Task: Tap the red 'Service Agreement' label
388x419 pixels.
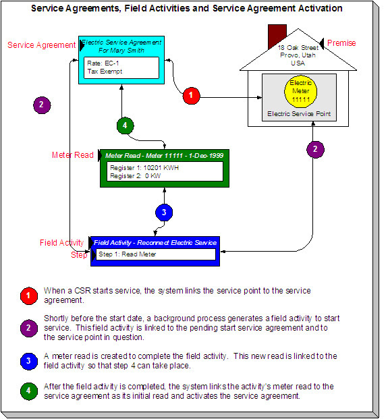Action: point(41,45)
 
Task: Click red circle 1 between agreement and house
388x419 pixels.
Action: point(192,96)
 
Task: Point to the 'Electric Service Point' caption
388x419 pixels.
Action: point(299,114)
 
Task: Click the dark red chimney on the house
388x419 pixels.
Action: point(277,35)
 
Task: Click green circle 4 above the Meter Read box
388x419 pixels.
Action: point(126,125)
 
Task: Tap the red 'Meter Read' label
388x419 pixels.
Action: point(72,155)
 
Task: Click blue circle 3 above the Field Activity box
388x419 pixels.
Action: point(163,211)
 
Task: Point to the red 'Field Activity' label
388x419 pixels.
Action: point(61,243)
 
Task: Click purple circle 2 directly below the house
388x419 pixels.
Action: point(314,149)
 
